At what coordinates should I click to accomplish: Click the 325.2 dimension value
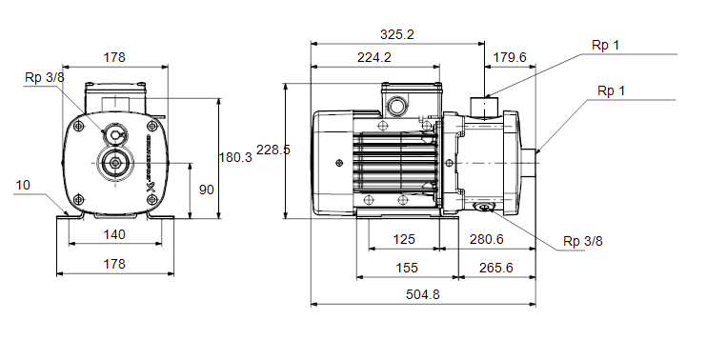pos(396,34)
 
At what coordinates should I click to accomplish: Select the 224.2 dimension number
pos(374,57)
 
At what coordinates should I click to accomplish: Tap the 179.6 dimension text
pos(510,57)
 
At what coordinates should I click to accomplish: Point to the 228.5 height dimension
pos(273,150)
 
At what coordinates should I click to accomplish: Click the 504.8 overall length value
pos(423,294)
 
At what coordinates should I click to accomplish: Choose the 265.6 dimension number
pos(496,268)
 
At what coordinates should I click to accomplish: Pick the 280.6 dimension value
pos(487,239)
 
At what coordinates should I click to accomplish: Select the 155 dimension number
pos(407,268)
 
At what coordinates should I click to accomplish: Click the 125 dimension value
pos(403,239)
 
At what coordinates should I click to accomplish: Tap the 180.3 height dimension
pos(235,157)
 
